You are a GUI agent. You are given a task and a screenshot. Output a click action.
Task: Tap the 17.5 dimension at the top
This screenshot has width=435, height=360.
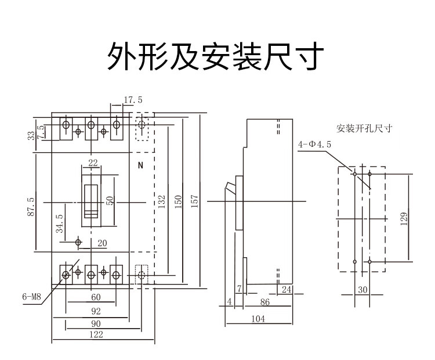point(133,100)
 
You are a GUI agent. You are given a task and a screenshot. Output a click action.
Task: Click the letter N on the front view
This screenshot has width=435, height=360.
point(140,165)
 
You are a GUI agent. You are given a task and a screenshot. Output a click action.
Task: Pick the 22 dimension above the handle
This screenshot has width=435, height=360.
point(93,163)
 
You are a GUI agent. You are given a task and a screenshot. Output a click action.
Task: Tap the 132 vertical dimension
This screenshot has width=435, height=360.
point(162,201)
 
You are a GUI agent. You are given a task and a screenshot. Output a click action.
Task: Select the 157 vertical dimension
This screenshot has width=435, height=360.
point(193,201)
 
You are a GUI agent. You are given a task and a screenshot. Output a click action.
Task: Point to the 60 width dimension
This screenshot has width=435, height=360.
point(96,297)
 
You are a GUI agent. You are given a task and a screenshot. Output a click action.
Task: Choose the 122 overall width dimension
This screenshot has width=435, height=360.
point(96,334)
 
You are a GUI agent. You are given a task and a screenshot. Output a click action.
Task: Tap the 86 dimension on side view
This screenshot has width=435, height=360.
point(265,302)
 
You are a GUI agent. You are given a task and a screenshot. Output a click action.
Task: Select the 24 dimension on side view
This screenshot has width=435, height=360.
point(285,289)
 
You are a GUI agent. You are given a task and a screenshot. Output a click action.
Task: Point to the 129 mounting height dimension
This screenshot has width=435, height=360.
point(404,217)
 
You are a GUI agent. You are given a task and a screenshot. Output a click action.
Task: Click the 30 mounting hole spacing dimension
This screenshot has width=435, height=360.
point(363,290)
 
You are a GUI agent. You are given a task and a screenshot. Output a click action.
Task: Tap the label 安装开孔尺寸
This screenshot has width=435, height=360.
point(364,128)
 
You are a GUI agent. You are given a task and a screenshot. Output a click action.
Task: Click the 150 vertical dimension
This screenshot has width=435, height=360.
point(178,201)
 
